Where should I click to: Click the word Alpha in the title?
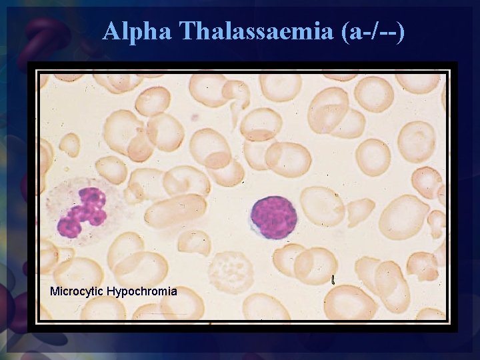[x=137, y=31]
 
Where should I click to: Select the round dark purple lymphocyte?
[x=273, y=217]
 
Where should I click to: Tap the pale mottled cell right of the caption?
[x=231, y=272]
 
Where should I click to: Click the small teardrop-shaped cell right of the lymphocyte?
[x=360, y=212]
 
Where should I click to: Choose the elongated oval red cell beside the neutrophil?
[x=176, y=211]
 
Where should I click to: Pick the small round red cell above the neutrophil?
[x=69, y=144]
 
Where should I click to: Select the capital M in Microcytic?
[x=55, y=291]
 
